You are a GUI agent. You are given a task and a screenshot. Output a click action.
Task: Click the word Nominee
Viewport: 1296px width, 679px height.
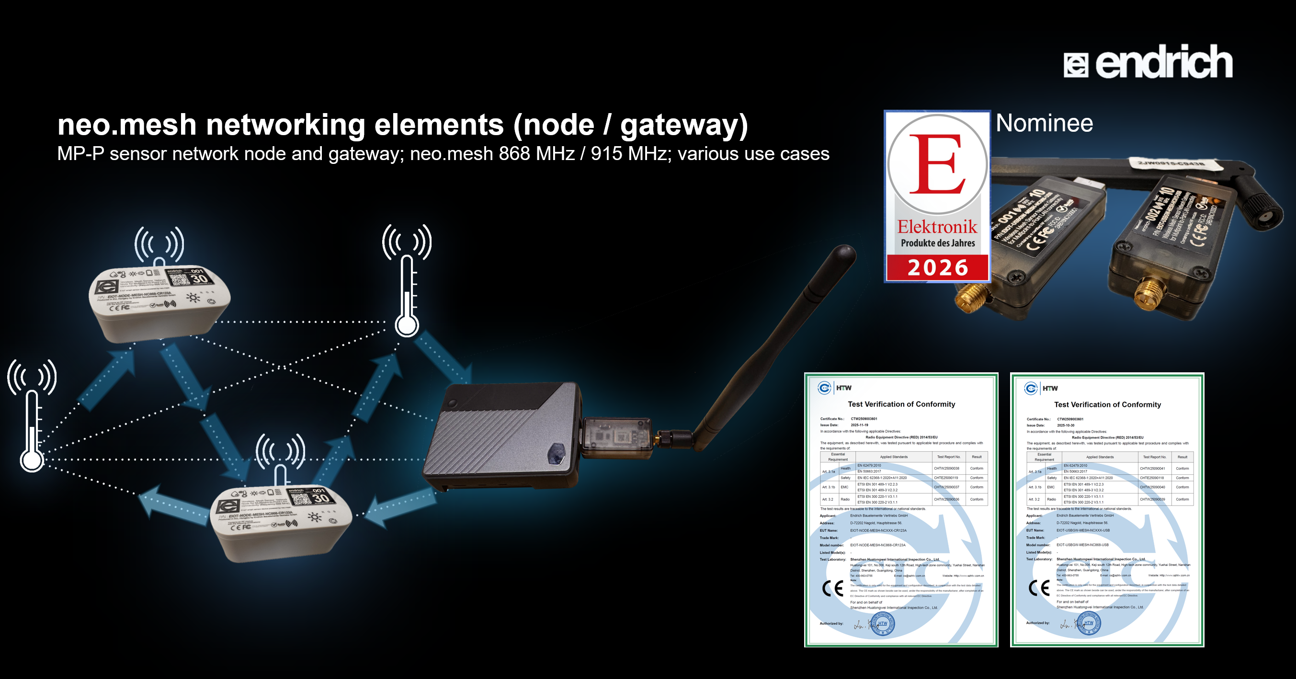coord(1044,123)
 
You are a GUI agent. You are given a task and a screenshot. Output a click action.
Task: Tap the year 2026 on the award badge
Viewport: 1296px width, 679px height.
coord(937,267)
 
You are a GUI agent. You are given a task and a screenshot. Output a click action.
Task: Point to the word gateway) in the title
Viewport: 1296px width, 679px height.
coord(684,126)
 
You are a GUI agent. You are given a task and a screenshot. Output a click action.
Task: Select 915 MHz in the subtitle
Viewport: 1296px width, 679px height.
coord(629,153)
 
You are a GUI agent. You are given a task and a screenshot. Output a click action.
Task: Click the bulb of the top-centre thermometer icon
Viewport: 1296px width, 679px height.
coord(407,325)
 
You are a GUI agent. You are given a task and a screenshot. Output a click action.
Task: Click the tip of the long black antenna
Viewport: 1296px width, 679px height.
coord(845,252)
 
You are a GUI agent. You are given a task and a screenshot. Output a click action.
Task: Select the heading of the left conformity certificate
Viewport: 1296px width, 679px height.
coord(901,404)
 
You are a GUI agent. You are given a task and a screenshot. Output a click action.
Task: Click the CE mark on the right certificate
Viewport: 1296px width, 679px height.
coord(1039,587)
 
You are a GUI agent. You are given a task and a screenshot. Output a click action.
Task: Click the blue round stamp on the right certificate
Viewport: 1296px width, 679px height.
coord(1089,622)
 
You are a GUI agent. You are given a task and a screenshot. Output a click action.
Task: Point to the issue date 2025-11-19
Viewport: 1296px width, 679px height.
coord(859,425)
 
